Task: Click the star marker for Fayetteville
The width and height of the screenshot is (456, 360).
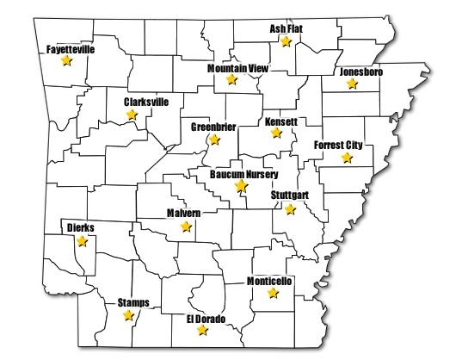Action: tap(67, 62)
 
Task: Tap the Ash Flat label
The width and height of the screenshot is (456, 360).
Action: tap(287, 28)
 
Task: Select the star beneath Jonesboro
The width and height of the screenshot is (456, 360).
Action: tap(350, 84)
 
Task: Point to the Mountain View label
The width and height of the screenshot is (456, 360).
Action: tap(233, 67)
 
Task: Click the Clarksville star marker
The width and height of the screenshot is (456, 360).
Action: tap(132, 114)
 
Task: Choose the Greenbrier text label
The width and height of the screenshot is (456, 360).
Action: tap(213, 127)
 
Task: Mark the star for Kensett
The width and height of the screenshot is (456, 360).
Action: tap(276, 133)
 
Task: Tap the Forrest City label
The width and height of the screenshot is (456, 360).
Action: tap(343, 145)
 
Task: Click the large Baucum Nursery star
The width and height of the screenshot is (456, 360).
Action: tap(242, 186)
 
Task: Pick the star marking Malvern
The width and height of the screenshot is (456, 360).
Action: tap(185, 227)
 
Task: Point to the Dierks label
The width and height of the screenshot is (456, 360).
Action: tap(81, 228)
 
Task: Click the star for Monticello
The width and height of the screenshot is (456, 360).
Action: tap(273, 293)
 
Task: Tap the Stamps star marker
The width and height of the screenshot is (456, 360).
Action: tap(128, 315)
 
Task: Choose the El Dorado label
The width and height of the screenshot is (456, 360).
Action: tap(206, 319)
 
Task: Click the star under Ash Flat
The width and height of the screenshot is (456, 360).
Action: tap(287, 41)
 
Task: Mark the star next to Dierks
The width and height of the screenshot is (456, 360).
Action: tap(82, 241)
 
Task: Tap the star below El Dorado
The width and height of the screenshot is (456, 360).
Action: tap(202, 330)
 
